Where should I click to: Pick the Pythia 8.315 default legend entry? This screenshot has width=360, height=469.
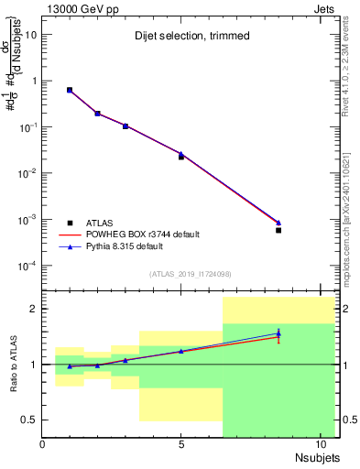[x=124, y=246]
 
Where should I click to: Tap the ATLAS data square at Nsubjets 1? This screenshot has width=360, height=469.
[x=70, y=90]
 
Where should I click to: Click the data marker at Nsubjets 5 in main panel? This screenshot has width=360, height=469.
[x=181, y=157]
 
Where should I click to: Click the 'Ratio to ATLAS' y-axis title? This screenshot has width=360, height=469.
[x=15, y=364]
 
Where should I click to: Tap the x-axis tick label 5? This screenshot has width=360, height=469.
[x=181, y=445]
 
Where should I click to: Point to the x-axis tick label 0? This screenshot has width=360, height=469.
[x=42, y=445]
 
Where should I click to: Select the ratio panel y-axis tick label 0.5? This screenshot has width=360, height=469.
[x=28, y=420]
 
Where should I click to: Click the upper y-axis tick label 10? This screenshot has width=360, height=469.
[x=30, y=34]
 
